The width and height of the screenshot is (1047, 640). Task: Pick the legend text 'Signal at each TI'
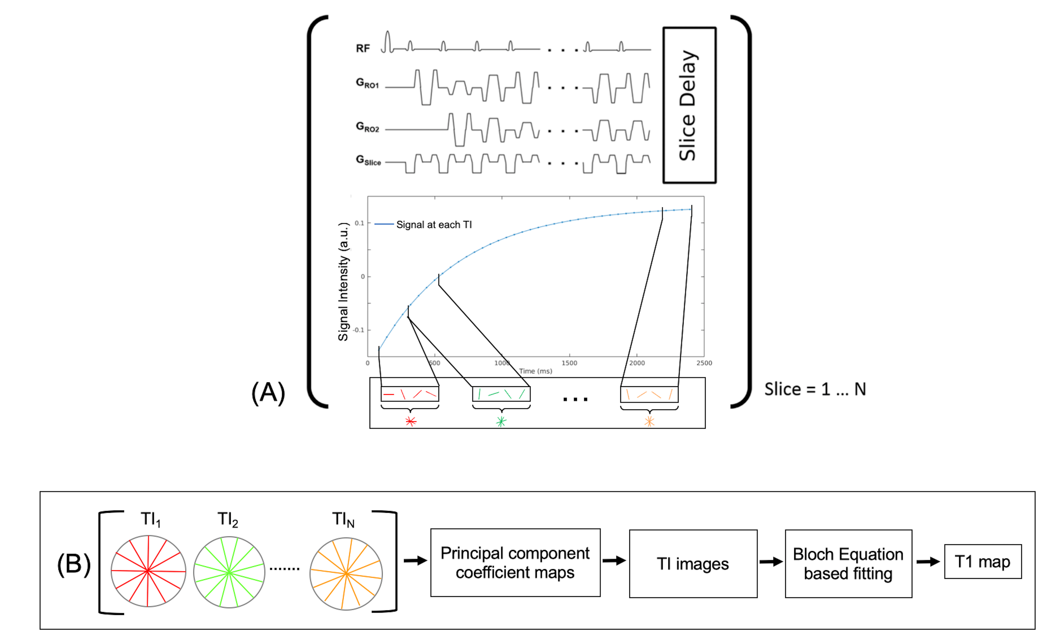coord(433,225)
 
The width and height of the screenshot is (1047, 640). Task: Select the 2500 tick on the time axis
coord(704,363)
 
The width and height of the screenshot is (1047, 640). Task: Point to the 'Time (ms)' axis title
coord(535,371)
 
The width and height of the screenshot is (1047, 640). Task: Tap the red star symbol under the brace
coord(411,421)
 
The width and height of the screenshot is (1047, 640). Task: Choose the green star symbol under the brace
coord(501,421)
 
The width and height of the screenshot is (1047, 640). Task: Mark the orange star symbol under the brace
coord(649,421)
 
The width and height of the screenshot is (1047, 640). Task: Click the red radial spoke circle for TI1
coord(148,571)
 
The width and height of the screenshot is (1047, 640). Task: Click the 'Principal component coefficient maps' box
coord(515,563)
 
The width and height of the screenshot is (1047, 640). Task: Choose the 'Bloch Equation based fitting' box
coord(848,563)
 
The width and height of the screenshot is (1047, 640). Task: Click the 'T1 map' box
coord(982,562)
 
